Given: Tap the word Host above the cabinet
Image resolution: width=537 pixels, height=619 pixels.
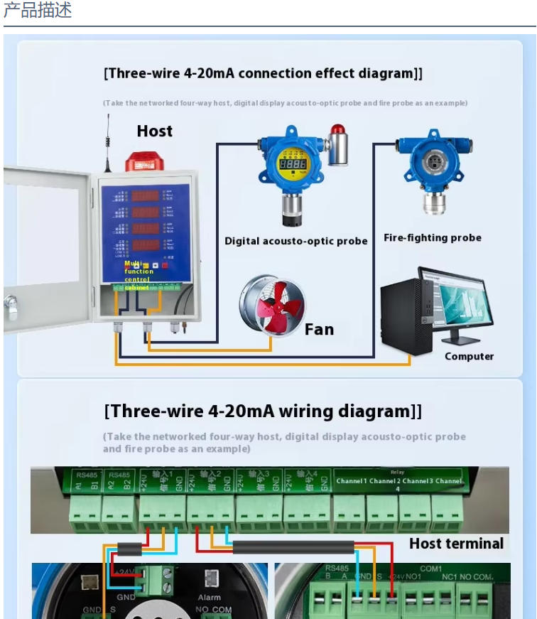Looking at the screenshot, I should coord(154,131).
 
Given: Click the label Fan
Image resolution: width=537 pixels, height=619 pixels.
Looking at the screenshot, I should coord(319,329).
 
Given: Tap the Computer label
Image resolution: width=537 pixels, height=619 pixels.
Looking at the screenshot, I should coord(469,356).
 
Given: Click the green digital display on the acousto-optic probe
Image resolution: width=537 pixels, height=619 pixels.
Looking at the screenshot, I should coord(292,163).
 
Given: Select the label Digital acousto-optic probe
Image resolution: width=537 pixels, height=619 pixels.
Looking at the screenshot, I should coord(295,241).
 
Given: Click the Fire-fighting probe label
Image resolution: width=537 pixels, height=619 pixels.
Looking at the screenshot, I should coord(432,238).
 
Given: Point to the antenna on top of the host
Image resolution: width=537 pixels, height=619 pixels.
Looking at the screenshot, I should coord(109,141).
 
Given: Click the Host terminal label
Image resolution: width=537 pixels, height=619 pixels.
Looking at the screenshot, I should coord(456,544).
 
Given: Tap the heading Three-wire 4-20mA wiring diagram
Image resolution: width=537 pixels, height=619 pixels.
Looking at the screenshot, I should coord(263,411).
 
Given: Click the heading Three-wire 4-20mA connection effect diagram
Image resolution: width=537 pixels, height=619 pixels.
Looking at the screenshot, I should coord(263,73).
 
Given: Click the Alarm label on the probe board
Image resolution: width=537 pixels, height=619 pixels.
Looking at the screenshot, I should coord(210,598).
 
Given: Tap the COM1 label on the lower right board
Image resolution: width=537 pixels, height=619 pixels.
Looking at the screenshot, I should coord(430,569).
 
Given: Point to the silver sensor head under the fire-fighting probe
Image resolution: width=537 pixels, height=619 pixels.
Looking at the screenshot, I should coord(433,203).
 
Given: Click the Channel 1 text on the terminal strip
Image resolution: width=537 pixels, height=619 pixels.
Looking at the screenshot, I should coord(352,481).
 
